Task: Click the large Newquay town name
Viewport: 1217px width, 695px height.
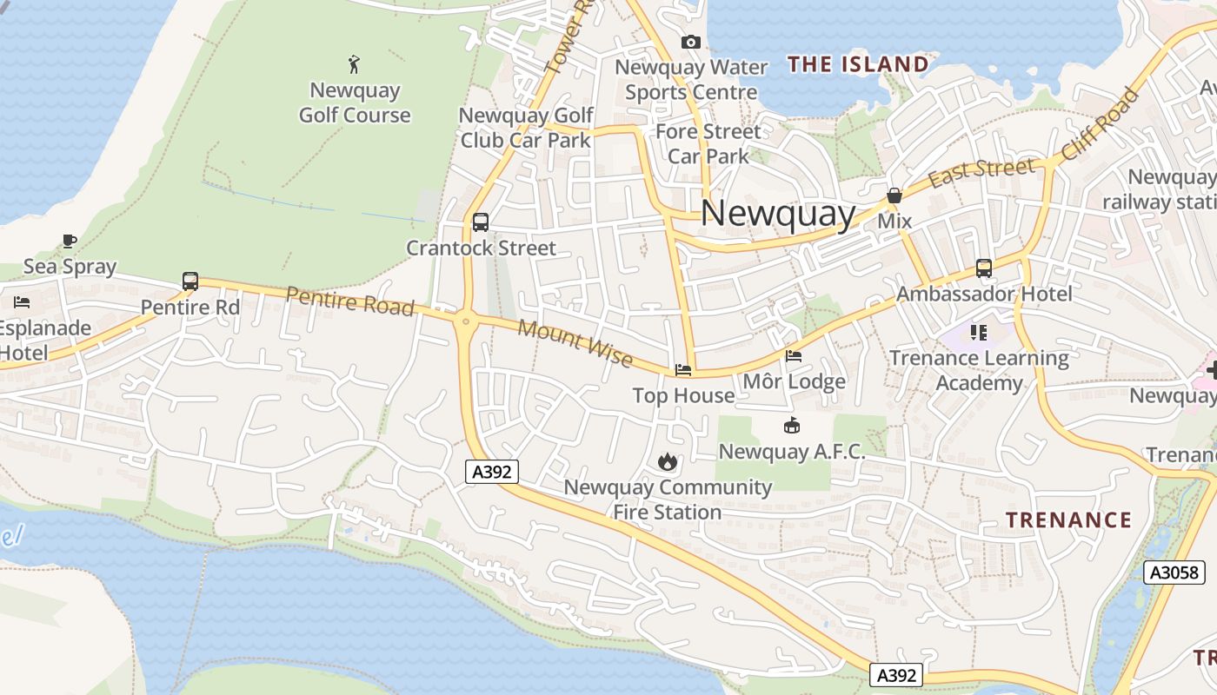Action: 778,214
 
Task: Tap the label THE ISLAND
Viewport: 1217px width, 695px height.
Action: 858,64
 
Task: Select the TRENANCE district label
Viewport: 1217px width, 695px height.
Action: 1068,520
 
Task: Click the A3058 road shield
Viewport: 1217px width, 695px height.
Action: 1174,573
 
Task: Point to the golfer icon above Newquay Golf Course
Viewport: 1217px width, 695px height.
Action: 354,64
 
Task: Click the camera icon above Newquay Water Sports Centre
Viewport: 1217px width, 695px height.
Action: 691,42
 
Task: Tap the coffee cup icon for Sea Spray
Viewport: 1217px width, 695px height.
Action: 70,241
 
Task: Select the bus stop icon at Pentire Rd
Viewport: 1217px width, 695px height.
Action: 190,281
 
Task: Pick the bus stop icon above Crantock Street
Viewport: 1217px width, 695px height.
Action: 481,222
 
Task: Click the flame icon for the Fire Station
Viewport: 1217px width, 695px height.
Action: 668,461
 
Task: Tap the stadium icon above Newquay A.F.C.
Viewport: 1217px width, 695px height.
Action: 792,426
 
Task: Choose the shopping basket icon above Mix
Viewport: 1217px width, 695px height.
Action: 894,196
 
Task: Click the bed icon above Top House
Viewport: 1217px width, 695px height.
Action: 683,370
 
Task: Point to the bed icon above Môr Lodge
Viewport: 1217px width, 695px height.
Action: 794,356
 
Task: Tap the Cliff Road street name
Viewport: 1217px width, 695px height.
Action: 1099,124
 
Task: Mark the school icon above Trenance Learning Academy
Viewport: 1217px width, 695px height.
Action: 979,333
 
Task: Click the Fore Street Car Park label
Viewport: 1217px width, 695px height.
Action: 708,143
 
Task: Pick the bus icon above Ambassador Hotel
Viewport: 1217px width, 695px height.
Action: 984,268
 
